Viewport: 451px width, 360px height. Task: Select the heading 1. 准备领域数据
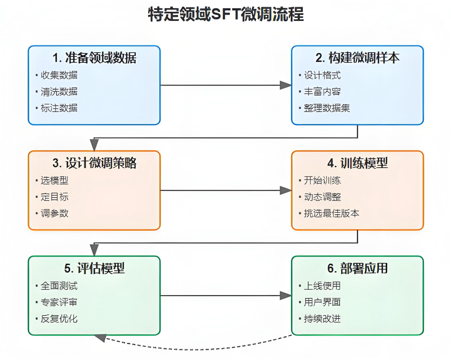click(x=94, y=58)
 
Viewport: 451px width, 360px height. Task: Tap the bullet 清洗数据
click(x=59, y=92)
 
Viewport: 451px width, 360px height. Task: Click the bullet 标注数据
click(x=59, y=108)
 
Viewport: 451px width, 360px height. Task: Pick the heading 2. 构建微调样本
click(x=357, y=58)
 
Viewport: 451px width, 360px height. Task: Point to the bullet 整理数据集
click(x=327, y=108)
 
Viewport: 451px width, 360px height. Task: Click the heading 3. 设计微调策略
click(x=94, y=163)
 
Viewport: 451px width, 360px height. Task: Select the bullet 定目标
click(x=54, y=197)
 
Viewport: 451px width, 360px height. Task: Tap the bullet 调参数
click(x=54, y=213)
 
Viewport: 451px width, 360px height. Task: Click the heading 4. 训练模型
click(x=357, y=163)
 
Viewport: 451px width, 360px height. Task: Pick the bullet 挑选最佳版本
click(x=331, y=213)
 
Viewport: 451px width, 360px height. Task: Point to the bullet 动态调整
click(x=322, y=197)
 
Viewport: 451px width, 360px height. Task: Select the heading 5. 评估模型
click(x=94, y=268)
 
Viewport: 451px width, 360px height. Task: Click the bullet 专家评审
click(x=59, y=302)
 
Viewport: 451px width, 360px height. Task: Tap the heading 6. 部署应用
click(x=357, y=268)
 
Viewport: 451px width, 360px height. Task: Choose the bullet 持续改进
click(x=322, y=319)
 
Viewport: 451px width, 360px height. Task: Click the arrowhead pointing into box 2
click(x=286, y=85)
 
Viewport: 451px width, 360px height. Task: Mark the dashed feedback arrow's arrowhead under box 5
click(x=100, y=337)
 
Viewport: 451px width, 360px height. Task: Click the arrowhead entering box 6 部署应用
click(x=286, y=296)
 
